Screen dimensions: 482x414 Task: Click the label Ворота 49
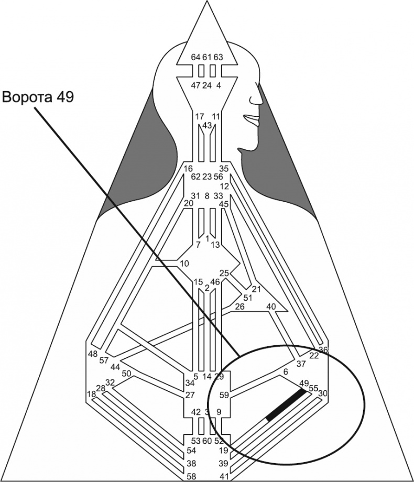(x=38, y=97)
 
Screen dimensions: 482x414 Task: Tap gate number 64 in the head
(x=195, y=57)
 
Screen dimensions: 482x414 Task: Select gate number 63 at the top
(x=219, y=57)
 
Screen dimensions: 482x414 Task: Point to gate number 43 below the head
(x=207, y=126)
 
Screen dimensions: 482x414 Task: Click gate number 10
(x=184, y=263)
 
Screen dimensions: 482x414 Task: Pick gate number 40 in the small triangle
(x=271, y=306)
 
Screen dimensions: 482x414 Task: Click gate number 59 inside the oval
(x=224, y=395)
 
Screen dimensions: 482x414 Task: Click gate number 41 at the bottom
(x=224, y=476)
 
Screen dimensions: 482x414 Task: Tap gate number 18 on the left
(x=92, y=393)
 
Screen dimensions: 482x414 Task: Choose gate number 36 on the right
(x=323, y=349)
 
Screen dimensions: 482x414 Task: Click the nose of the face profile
(x=258, y=99)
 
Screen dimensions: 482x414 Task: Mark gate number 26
(x=239, y=306)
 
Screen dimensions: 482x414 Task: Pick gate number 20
(x=189, y=203)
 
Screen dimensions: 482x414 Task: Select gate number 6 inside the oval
(x=286, y=371)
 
